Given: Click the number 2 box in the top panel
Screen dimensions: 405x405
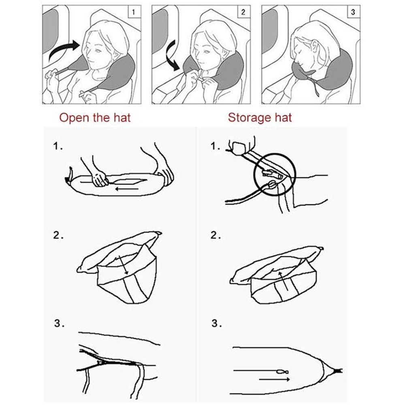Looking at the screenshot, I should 243,12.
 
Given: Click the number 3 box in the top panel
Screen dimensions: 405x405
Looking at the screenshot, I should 353,12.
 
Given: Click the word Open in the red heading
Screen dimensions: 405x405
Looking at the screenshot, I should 73,118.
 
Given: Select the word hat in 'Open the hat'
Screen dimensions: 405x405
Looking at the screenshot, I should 121,118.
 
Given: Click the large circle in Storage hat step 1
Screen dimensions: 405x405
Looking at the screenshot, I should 275,175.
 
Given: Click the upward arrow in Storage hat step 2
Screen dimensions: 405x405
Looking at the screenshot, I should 286,281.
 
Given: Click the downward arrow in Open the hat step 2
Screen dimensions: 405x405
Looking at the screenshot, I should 123,264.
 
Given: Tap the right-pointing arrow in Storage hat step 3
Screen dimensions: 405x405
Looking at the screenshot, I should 274,379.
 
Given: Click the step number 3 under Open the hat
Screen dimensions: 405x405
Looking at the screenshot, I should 58,324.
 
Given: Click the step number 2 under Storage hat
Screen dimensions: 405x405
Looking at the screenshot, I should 216,236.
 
